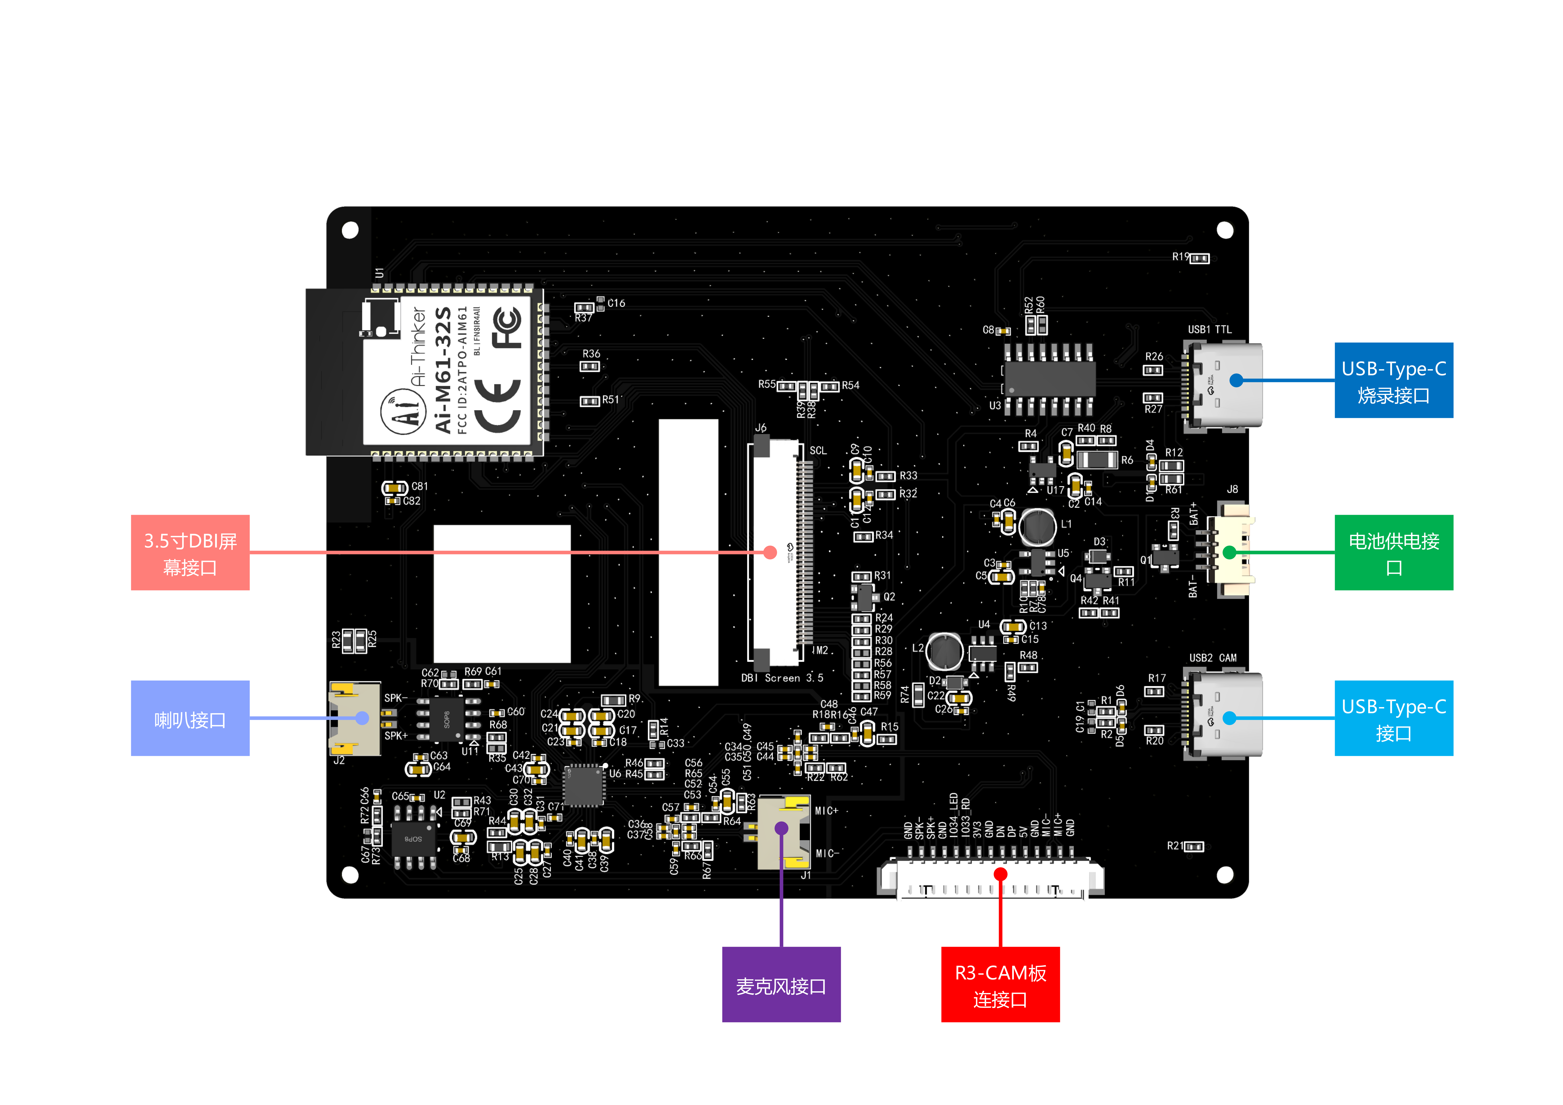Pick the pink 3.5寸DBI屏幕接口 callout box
point(190,553)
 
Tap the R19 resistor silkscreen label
point(1180,257)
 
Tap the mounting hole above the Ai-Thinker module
point(350,230)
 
